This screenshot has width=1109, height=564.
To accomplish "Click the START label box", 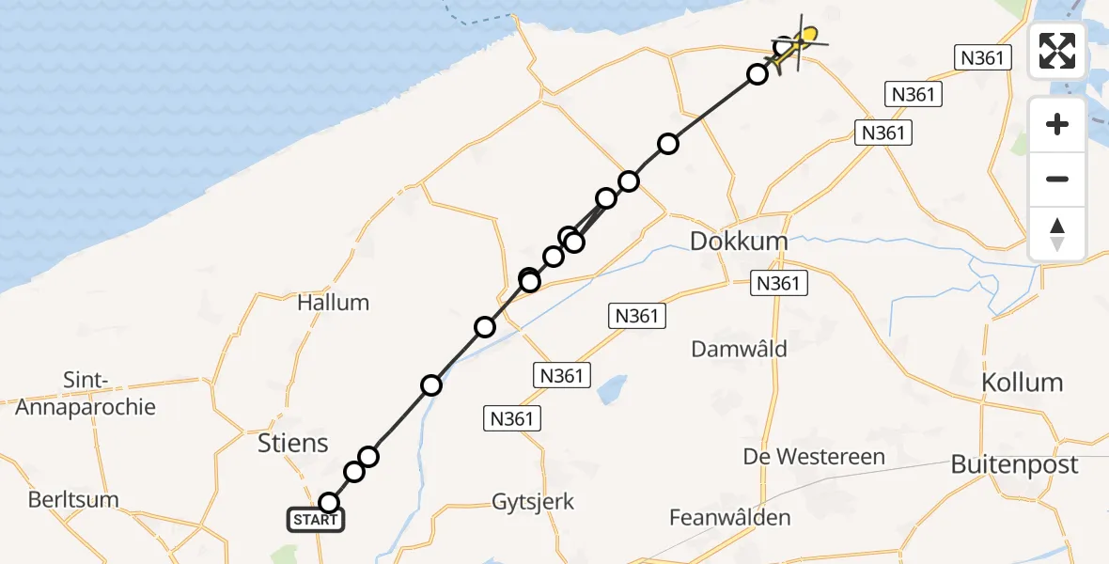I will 316,520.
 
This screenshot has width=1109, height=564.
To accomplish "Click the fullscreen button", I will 1057,51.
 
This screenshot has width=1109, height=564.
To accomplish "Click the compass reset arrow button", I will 1057,234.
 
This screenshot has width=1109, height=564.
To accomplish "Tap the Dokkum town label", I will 739,242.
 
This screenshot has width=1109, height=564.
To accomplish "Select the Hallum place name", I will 333,303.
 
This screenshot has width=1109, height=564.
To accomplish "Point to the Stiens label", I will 293,443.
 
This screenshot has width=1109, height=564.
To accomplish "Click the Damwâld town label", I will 739,349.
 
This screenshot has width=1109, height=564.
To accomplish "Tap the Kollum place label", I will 1022,383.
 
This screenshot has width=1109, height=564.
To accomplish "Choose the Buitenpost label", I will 1014,464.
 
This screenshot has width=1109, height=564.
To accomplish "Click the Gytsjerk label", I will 533,501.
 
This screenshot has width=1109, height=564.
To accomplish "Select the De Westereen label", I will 814,457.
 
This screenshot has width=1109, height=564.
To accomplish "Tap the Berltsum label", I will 73,499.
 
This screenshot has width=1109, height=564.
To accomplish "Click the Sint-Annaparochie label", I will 86,394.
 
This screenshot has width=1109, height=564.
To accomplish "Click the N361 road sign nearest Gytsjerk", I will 514,418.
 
